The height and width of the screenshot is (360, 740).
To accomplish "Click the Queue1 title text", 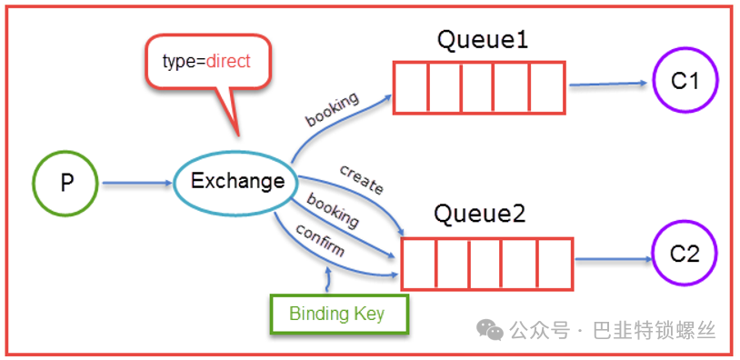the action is (x=483, y=41).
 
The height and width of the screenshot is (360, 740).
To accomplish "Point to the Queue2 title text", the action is (x=480, y=215).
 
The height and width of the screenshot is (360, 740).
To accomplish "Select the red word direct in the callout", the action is (x=228, y=62).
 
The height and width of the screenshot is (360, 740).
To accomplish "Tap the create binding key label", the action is (x=362, y=179).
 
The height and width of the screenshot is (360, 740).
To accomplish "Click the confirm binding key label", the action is (x=320, y=239).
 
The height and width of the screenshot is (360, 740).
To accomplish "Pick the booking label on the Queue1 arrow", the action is (x=333, y=109).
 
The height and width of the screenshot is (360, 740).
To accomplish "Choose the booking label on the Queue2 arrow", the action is (x=332, y=210).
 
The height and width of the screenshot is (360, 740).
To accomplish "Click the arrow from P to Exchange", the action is (x=138, y=183).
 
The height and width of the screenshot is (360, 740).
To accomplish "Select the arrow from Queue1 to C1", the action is (x=608, y=84).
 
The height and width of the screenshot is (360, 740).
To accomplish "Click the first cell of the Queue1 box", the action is (x=411, y=87).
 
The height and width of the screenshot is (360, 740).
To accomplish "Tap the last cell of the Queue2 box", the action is (x=555, y=264).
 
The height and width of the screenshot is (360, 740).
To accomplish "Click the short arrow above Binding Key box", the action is (x=327, y=279).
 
